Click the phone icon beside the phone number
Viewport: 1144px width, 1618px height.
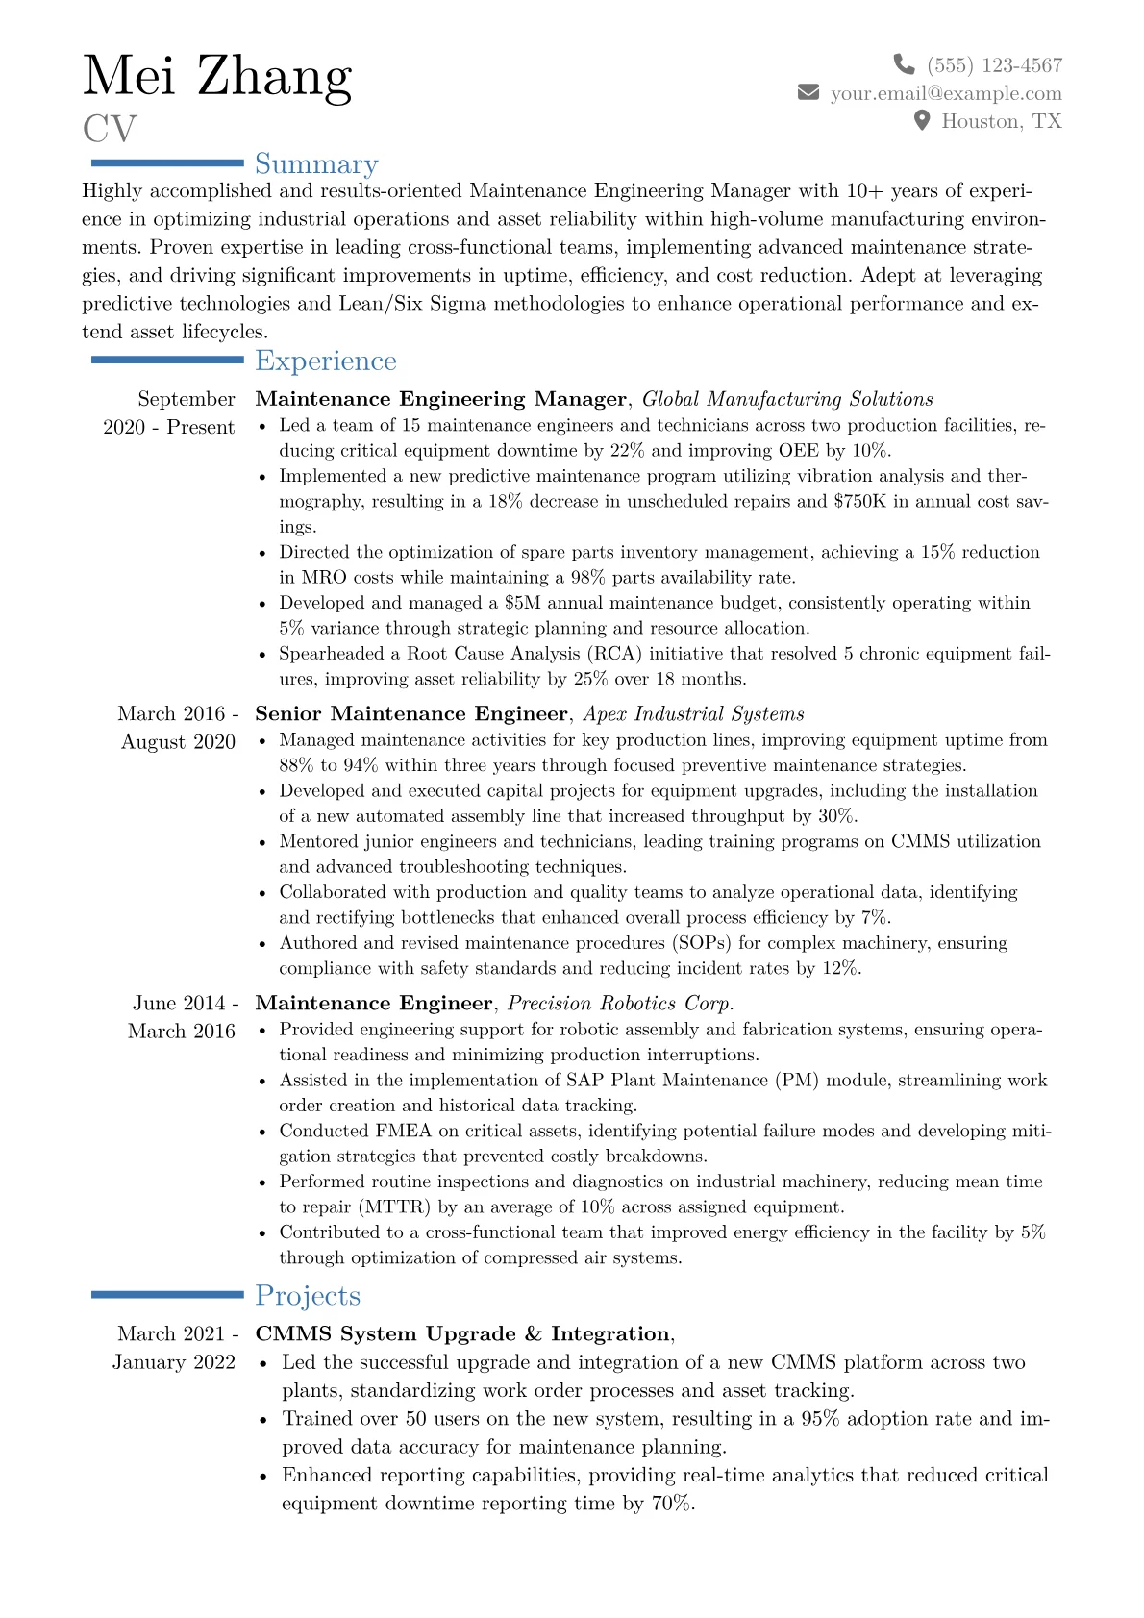click(904, 64)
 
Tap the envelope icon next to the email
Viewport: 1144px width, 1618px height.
click(808, 92)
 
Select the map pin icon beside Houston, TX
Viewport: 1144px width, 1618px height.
click(922, 120)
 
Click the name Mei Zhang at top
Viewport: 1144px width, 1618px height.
click(217, 76)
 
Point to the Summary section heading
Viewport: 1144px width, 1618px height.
click(316, 164)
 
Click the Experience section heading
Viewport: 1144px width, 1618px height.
click(326, 361)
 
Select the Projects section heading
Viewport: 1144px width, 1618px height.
click(308, 1296)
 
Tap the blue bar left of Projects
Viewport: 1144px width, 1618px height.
click(167, 1295)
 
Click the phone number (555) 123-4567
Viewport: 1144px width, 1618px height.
click(995, 65)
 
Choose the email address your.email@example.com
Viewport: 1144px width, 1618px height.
click(946, 93)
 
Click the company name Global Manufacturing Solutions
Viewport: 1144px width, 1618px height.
click(787, 399)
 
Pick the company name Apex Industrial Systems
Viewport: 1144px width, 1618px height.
click(693, 713)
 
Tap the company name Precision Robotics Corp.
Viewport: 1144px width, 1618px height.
click(620, 1003)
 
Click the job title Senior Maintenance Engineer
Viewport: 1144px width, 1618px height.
click(411, 713)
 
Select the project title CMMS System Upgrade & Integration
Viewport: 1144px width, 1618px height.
click(462, 1333)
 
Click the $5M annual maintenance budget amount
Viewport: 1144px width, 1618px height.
click(521, 603)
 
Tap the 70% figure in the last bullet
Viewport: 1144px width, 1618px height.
click(672, 1503)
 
